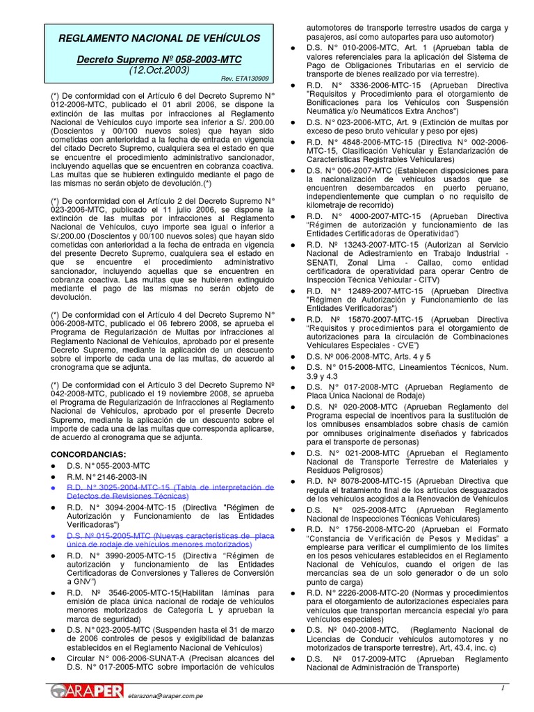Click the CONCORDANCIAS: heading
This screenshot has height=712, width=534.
tap(88, 454)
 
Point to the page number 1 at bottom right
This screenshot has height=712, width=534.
tap(502, 688)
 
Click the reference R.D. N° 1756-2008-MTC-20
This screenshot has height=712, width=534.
tap(368, 529)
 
